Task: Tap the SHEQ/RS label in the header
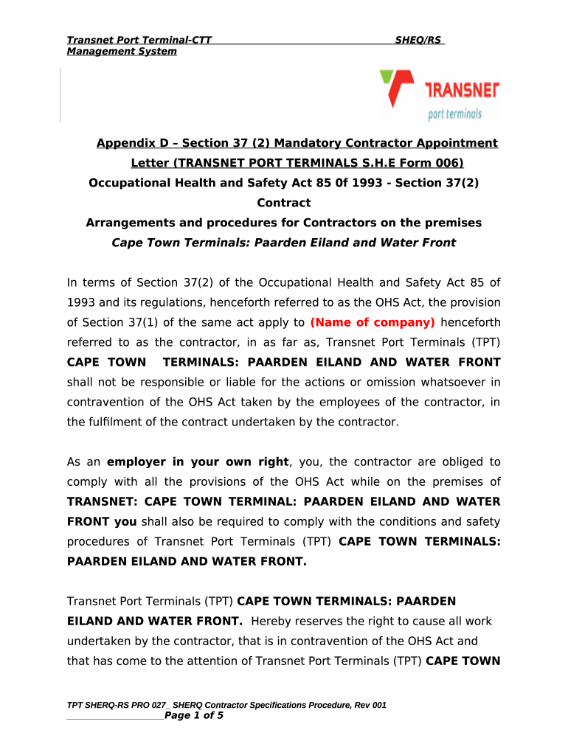pyautogui.click(x=418, y=40)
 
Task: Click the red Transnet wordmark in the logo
pyautogui.click(x=463, y=91)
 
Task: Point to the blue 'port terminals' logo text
pyautogui.click(x=454, y=114)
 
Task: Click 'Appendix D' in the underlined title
pyautogui.click(x=130, y=143)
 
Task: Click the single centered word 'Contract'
pyautogui.click(x=283, y=203)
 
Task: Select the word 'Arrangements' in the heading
pyautogui.click(x=128, y=223)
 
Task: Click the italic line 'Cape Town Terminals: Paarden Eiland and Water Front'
pyautogui.click(x=283, y=243)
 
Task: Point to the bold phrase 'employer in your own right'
pyautogui.click(x=198, y=462)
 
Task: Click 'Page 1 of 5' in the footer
pyautogui.click(x=193, y=715)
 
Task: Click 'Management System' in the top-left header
pyautogui.click(x=122, y=51)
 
